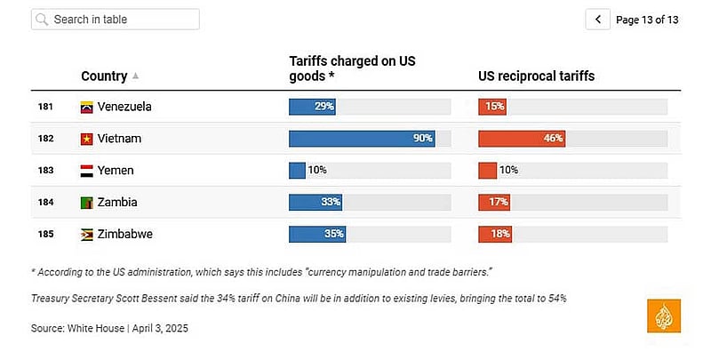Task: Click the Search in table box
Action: tap(116, 20)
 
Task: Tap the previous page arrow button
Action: tap(597, 20)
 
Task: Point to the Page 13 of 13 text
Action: tap(647, 20)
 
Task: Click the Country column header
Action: tap(104, 76)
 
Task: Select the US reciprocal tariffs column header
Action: tap(537, 76)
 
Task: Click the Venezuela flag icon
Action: tap(86, 107)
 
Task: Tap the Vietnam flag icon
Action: tap(86, 139)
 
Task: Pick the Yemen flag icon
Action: tap(86, 171)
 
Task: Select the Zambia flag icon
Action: tap(86, 203)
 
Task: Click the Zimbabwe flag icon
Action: tap(86, 235)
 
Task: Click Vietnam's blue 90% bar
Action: tap(362, 139)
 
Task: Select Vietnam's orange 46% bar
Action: tap(522, 139)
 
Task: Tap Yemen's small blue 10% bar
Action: tap(297, 171)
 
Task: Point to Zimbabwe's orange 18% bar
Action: tap(495, 235)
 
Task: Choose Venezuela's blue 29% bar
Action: tap(313, 107)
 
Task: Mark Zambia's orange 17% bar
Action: tap(494, 203)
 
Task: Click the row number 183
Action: tap(45, 171)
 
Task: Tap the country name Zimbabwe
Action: tap(124, 235)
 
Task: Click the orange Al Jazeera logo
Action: tap(664, 316)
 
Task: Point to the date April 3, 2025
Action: tap(160, 328)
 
